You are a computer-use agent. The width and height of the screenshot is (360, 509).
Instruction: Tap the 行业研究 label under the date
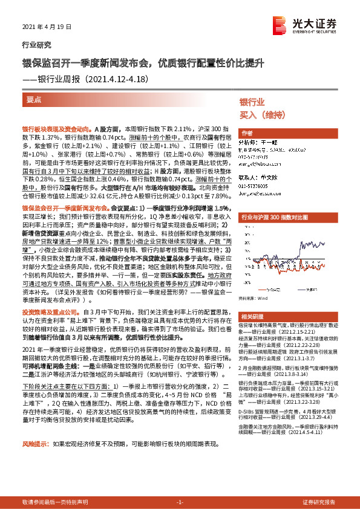pos(37,45)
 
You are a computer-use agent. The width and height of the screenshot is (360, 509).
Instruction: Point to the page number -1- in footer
pos(180,502)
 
